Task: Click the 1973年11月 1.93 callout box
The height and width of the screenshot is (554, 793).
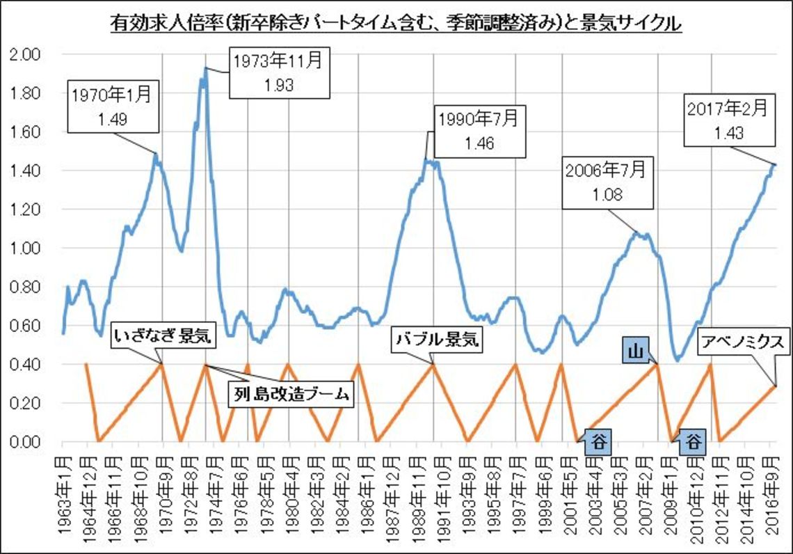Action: [x=278, y=72]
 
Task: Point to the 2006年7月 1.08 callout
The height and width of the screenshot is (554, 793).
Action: [x=609, y=184]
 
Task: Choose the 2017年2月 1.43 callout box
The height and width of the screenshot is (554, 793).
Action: [x=728, y=120]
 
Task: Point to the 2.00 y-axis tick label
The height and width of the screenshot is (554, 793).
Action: [x=28, y=54]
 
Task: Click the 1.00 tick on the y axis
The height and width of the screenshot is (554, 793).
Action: [x=28, y=248]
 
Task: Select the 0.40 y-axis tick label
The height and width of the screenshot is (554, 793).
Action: [x=28, y=365]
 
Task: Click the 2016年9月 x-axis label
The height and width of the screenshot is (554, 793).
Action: [x=770, y=496]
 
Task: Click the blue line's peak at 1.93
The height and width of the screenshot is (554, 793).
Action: [x=205, y=68]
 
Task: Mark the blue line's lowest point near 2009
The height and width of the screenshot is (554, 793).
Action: [x=676, y=360]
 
